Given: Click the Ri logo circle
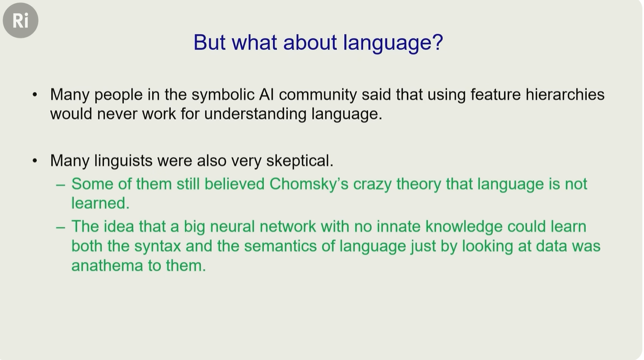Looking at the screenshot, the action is pyautogui.click(x=21, y=21).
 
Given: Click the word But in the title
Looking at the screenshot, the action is pyautogui.click(x=209, y=42).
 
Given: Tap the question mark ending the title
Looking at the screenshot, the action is pyautogui.click(x=437, y=42).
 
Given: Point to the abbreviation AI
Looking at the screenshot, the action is pyautogui.click(x=267, y=94).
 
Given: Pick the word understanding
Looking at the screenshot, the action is pyautogui.click(x=255, y=114).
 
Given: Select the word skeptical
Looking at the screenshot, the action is pyautogui.click(x=300, y=161).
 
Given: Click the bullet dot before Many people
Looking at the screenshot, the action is pyautogui.click(x=35, y=95).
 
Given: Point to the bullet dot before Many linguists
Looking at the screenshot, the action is pyautogui.click(x=35, y=160).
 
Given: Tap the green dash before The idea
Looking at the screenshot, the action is pyautogui.click(x=60, y=227).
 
